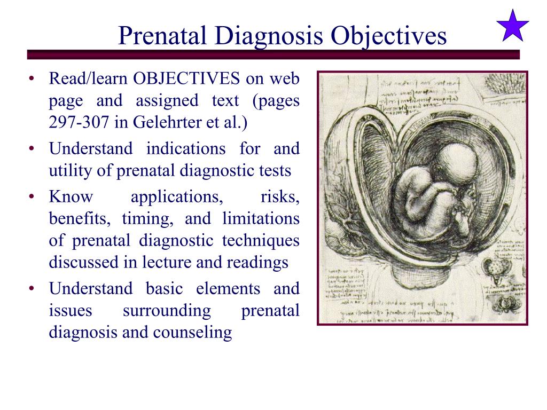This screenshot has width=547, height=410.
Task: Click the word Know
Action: pyautogui.click(x=71, y=197)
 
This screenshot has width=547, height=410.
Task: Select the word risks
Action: pyautogui.click(x=280, y=197)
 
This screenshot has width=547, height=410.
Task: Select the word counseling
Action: pyautogui.click(x=192, y=333)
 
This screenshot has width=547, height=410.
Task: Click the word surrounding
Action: pyautogui.click(x=167, y=311)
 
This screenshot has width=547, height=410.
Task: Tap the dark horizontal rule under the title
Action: pyautogui.click(x=273, y=54)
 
